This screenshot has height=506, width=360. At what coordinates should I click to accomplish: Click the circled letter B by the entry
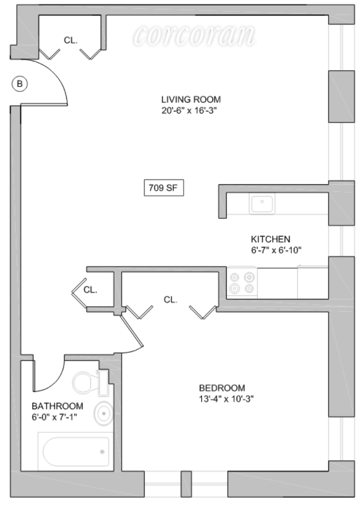tap(20, 84)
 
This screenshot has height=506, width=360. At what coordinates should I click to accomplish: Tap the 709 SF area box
tap(163, 188)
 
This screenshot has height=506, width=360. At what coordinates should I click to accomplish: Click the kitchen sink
tap(263, 203)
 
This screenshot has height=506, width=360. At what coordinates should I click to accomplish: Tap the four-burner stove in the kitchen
tap(242, 283)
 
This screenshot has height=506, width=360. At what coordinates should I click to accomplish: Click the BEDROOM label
tap(222, 388)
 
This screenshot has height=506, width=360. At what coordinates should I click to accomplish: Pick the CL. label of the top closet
tap(71, 41)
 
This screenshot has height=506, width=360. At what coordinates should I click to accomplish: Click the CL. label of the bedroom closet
tap(170, 299)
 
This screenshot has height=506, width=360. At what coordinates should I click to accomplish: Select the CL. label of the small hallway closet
tap(90, 290)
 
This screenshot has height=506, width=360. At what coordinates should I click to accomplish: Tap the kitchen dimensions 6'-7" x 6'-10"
tap(276, 250)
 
